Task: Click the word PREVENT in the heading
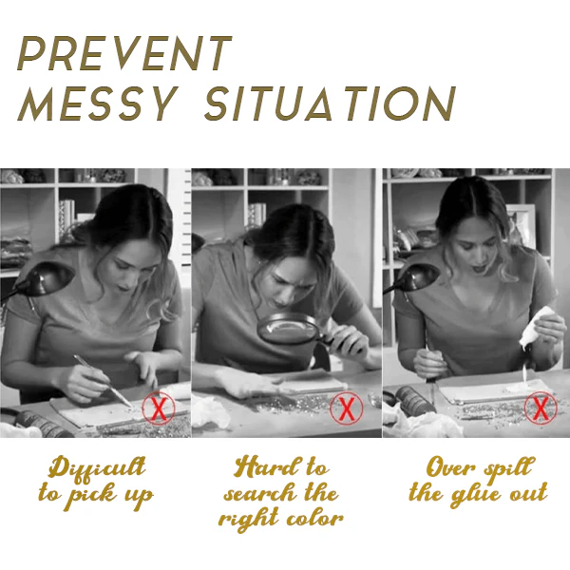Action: pos(124,53)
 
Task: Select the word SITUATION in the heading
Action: pos(330,104)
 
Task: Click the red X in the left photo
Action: pos(159,408)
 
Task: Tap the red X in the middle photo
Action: pos(346,408)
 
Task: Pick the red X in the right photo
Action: pos(541,408)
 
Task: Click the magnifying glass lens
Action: pos(287,329)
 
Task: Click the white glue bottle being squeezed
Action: pos(535,328)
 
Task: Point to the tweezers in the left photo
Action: pos(103,381)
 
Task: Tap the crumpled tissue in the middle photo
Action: pos(211,410)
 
